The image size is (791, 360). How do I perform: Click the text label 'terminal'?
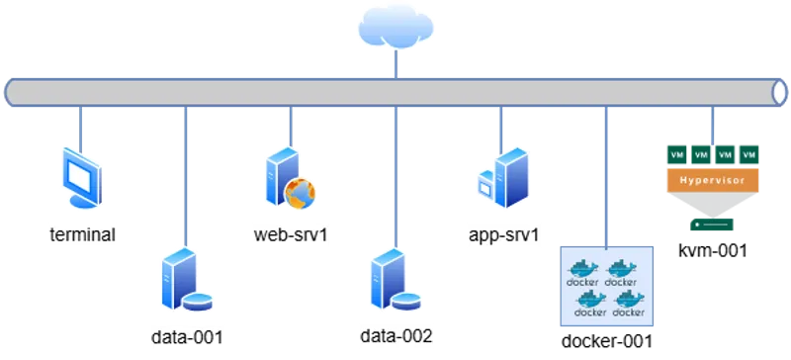tap(82, 235)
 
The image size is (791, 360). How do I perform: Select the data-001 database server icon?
tap(184, 282)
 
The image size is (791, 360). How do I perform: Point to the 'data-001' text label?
tap(189, 336)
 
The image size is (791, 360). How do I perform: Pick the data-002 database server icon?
tap(392, 282)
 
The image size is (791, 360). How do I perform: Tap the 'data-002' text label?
tap(396, 336)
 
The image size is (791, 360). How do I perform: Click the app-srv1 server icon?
tap(502, 179)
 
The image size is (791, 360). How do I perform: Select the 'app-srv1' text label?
tap(504, 234)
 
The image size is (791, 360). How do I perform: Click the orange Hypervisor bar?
tap(712, 181)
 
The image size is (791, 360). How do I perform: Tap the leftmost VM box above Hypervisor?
tap(676, 155)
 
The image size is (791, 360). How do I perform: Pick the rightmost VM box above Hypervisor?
tap(748, 155)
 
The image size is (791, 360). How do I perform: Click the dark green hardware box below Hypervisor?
tap(712, 226)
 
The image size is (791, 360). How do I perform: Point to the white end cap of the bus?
tap(780, 92)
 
